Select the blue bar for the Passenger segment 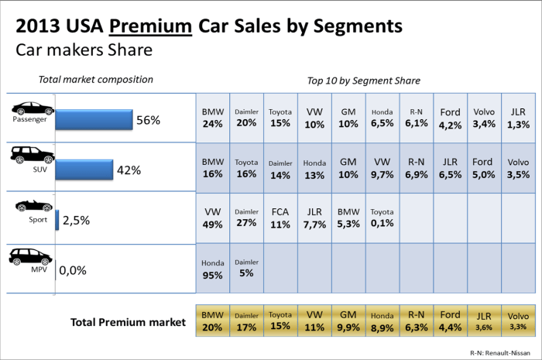coord(94,121)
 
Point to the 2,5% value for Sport coord(76,220)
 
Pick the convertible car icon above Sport coord(31,207)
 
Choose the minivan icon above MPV coord(31,256)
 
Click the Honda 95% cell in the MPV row coord(212,269)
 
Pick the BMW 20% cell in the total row coord(212,321)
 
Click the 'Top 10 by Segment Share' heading coord(363,80)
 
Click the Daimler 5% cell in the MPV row coord(246,269)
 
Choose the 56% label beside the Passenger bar coord(148,120)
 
